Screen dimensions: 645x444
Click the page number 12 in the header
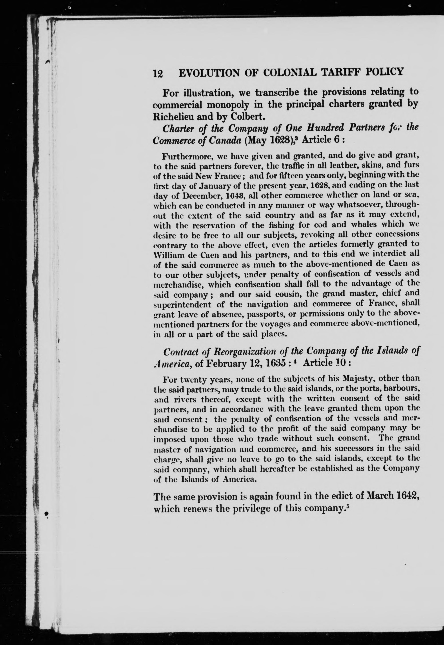(x=158, y=73)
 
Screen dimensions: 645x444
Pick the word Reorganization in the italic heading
(x=243, y=352)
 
